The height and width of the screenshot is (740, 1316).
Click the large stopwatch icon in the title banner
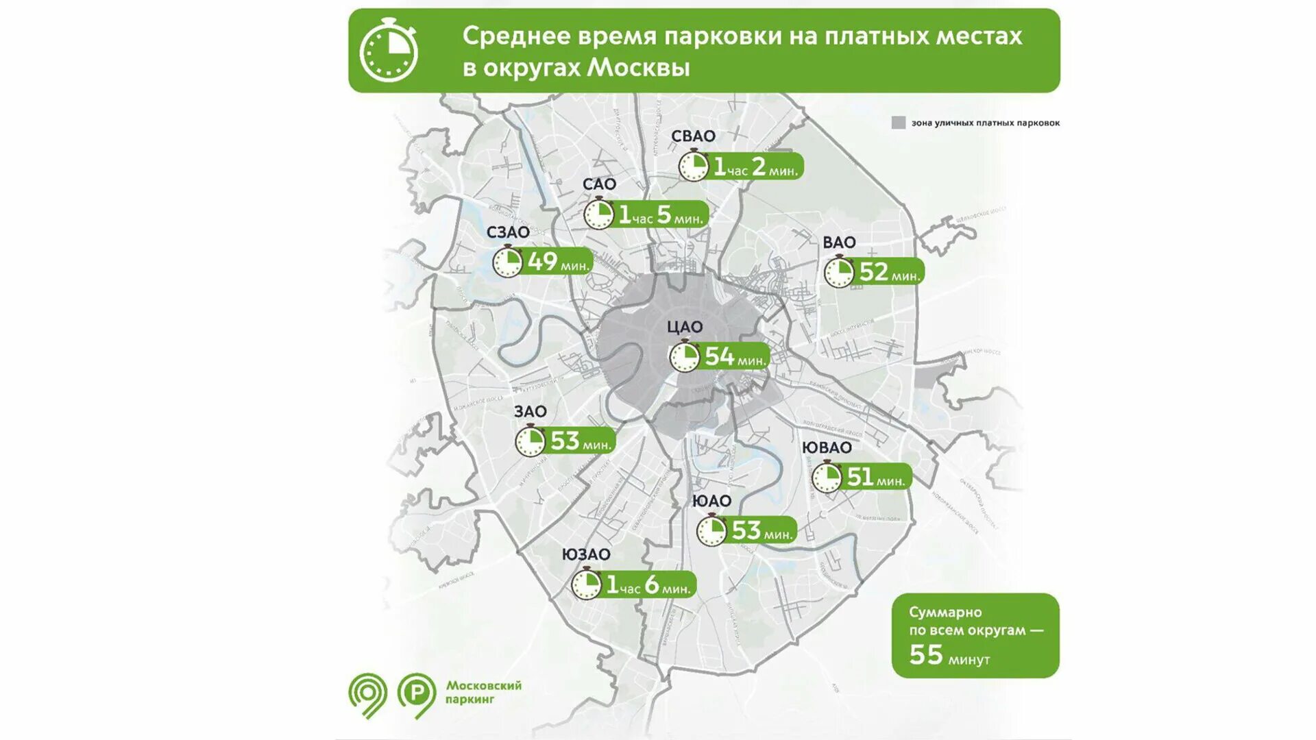pos(388,51)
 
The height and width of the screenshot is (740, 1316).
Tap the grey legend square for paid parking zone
pos(898,123)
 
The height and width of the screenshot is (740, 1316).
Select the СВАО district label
pos(693,136)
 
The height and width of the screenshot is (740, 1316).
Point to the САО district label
pos(599,184)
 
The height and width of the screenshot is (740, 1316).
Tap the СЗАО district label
pos(508,232)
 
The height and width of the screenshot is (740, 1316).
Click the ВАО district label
pos(839,243)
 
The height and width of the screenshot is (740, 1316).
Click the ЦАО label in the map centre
pos(685,328)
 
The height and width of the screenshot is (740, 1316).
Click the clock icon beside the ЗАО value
pos(530,441)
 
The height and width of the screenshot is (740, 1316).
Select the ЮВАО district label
pos(827,447)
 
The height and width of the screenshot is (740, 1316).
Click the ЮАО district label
pos(711,501)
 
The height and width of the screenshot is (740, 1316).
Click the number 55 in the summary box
pos(925,655)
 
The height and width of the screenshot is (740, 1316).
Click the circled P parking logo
pos(416,693)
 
